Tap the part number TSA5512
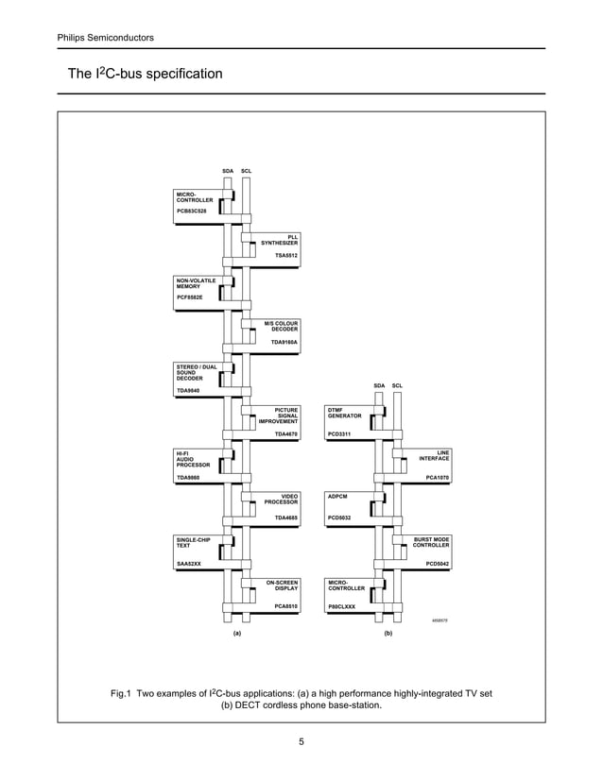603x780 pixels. [285, 255]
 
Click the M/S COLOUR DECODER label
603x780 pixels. [281, 326]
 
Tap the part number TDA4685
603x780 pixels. [285, 517]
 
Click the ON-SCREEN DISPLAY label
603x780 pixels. [282, 585]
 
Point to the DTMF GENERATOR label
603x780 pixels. [344, 413]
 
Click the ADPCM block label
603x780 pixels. [337, 495]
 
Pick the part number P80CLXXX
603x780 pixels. [341, 606]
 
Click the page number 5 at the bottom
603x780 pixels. [301, 741]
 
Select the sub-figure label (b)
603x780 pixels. [388, 634]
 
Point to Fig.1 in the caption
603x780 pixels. [123, 693]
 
